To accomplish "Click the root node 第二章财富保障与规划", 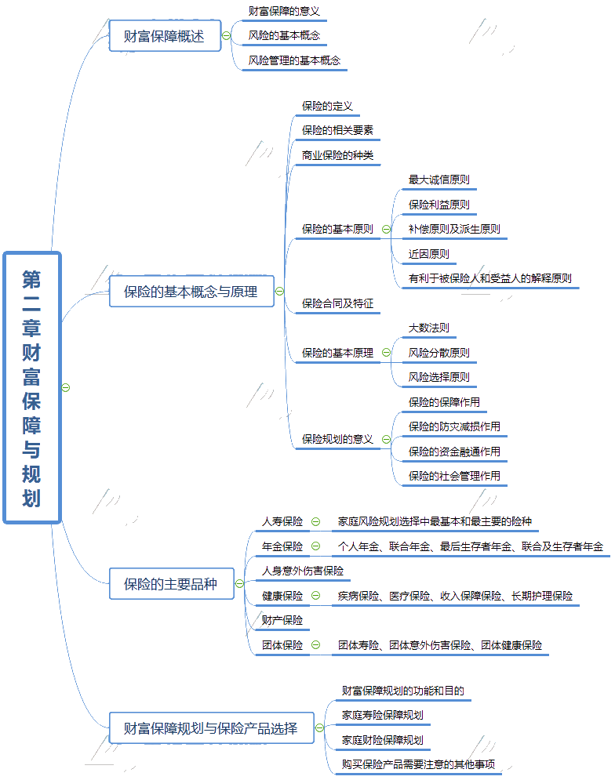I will coord(32,387).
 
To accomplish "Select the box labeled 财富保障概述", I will coord(164,36).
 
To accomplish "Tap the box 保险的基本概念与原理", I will coord(191,292).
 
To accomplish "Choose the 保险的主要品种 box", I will coord(170,584).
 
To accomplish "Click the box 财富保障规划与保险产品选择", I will coord(211,728).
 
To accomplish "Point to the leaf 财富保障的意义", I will coord(283,12).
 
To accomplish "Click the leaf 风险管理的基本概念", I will coord(294,60).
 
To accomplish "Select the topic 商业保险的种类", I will coord(337,155).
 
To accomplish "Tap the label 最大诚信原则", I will coord(439,180).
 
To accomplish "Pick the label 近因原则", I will coord(428,254).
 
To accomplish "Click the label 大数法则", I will coord(428,328).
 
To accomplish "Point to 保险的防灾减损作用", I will coord(454,427).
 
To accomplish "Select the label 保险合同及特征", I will coord(337,303).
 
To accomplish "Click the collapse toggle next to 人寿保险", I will coord(316,521).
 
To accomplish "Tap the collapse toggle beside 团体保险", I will coord(316,645).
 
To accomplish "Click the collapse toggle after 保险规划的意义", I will coord(386,440).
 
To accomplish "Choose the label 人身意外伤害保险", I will coord(302,571).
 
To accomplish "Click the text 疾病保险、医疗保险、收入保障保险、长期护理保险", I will coord(455,596).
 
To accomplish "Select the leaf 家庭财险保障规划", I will coord(382,740).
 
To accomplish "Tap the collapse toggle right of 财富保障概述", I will coord(227,36).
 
